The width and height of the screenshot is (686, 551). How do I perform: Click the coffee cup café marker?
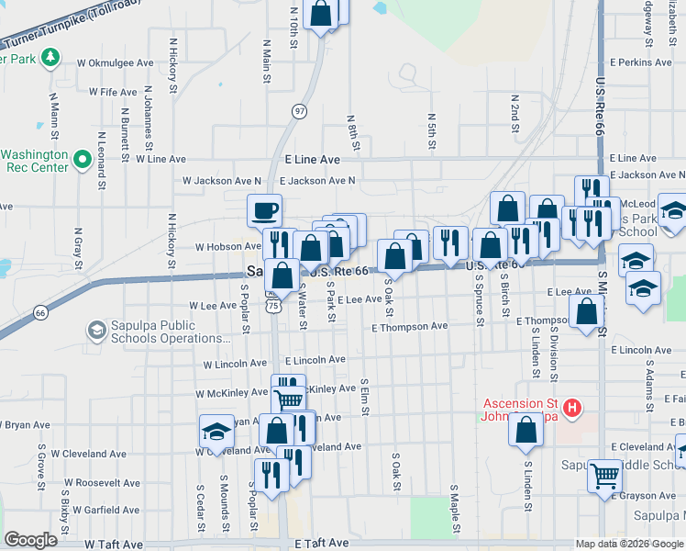click(264, 210)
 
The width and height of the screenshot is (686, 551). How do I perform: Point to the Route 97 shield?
click(299, 111)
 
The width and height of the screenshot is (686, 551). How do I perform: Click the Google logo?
click(30, 540)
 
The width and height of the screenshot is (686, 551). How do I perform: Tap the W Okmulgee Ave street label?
click(115, 63)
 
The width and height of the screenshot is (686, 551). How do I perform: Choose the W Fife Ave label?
click(113, 93)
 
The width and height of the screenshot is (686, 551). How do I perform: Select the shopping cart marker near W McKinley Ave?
click(288, 398)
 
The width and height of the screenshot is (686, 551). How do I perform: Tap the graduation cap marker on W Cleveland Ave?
click(216, 431)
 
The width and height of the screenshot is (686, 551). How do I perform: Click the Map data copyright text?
click(628, 544)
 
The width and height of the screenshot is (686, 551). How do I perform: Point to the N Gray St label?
click(79, 243)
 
